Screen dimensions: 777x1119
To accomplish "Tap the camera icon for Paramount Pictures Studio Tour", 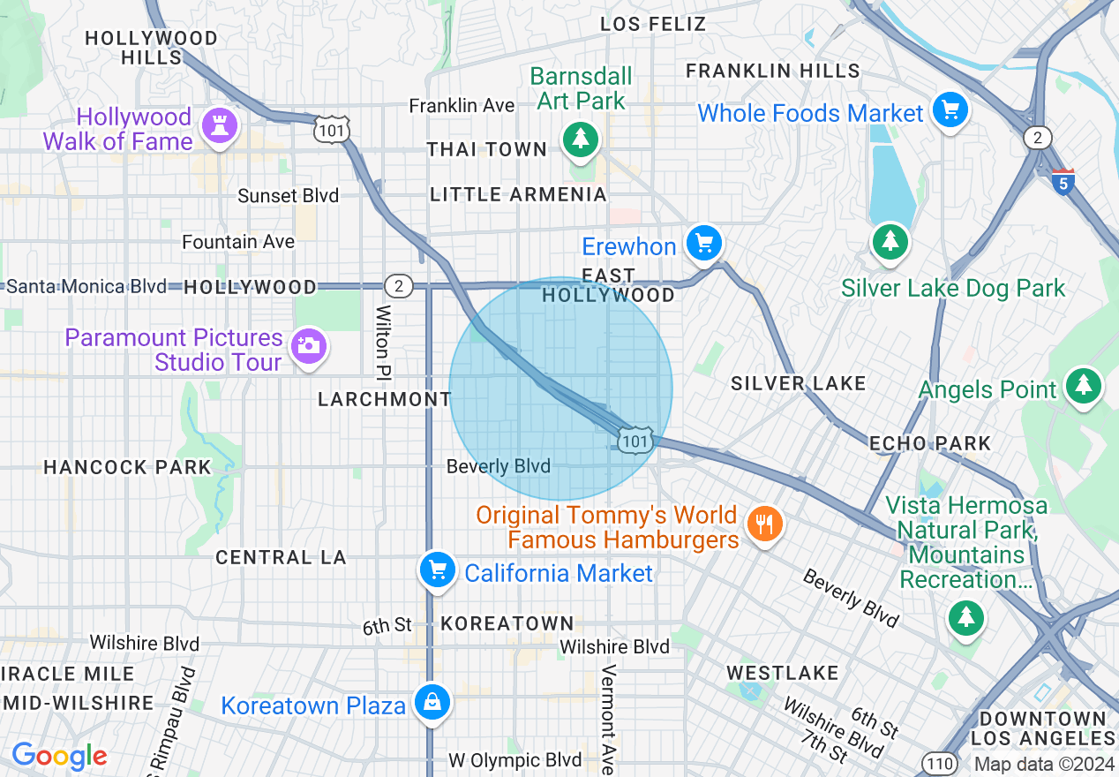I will pyautogui.click(x=307, y=345).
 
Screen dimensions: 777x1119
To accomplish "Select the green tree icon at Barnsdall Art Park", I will pyautogui.click(x=580, y=139).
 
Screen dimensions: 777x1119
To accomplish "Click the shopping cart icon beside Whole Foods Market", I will pyautogui.click(x=950, y=110).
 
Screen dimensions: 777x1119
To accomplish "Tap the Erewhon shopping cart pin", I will pyautogui.click(x=703, y=242).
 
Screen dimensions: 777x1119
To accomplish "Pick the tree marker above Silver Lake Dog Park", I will pyautogui.click(x=890, y=241).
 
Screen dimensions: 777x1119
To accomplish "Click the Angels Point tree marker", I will pyautogui.click(x=1083, y=386).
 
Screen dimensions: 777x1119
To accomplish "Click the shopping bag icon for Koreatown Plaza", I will pyautogui.click(x=432, y=703).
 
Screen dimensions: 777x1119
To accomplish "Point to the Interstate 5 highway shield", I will pyautogui.click(x=1063, y=181).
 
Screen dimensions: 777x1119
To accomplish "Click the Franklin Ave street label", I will pyautogui.click(x=462, y=106).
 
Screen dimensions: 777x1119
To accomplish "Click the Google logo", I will pyautogui.click(x=59, y=756).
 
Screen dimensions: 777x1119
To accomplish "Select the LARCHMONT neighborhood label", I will pyautogui.click(x=385, y=399).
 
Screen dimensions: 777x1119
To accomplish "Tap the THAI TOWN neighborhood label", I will pyautogui.click(x=487, y=149).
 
